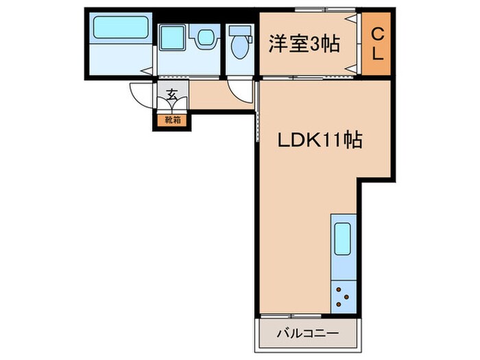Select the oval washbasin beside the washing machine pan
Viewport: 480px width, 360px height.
tap(204, 36)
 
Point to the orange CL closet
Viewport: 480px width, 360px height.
tap(377, 45)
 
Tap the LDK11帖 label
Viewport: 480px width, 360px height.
tap(320, 141)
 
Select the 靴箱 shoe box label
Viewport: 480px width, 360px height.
tap(172, 121)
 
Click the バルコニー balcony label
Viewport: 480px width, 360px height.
tap(309, 335)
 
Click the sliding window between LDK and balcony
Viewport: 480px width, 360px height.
tap(309, 317)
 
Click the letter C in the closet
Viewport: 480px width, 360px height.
tap(377, 32)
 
